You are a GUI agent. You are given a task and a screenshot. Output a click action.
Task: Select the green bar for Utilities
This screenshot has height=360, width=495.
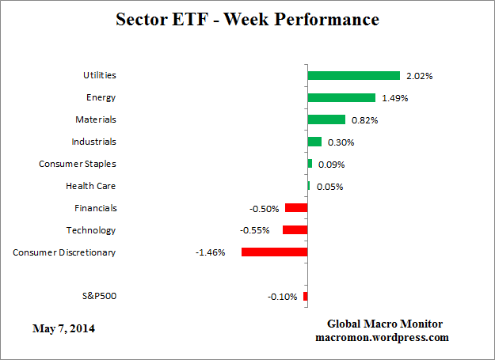353,76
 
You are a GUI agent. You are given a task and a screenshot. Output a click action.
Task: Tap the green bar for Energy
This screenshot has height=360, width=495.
341,98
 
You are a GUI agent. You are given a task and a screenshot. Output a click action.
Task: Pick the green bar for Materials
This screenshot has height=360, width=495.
326,119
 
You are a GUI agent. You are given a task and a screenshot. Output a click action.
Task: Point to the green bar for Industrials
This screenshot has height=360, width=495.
314,142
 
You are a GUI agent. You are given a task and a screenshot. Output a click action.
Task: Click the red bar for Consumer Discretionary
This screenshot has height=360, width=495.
274,252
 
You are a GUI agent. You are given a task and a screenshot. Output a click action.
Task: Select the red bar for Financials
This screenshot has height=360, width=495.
296,208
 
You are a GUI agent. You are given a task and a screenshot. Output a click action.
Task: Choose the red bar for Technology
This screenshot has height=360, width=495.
295,230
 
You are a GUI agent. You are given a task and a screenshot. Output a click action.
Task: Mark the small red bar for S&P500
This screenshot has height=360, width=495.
305,296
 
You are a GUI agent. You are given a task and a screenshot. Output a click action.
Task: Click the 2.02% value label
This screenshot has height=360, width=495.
420,77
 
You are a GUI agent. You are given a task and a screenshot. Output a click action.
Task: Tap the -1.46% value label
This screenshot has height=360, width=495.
211,252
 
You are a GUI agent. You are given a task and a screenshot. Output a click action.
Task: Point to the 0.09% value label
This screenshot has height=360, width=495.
331,165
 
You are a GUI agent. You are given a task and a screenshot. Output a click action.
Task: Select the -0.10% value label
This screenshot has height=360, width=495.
283,297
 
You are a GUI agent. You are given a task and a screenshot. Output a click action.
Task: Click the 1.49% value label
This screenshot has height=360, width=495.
394,99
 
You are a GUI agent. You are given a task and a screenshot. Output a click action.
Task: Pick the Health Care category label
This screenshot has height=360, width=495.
90,186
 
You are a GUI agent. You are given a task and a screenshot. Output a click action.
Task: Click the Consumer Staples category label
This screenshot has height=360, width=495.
78,164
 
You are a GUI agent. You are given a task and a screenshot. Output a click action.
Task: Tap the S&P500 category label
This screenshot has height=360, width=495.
98,296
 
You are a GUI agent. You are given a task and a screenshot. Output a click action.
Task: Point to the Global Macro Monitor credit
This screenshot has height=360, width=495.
385,324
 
